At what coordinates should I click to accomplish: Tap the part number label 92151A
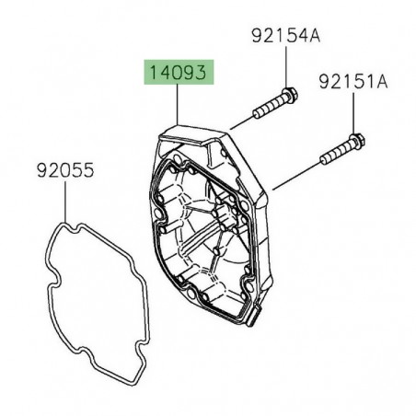click(353, 82)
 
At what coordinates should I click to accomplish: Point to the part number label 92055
click(66, 170)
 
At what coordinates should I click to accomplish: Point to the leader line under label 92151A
click(355, 114)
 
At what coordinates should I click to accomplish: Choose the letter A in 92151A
click(383, 82)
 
